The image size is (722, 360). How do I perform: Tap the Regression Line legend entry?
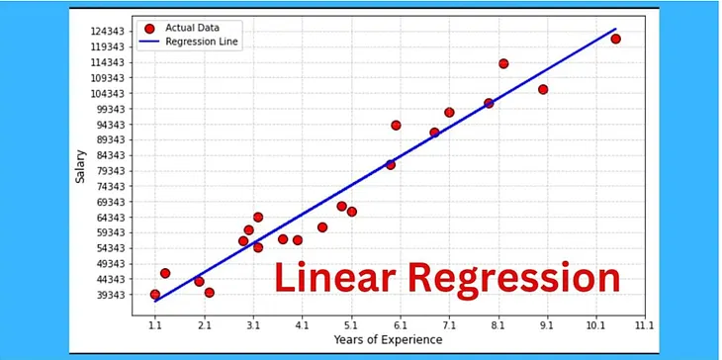(x=196, y=43)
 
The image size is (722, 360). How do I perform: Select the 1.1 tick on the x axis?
(x=155, y=323)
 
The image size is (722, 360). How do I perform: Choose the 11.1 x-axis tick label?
(x=644, y=323)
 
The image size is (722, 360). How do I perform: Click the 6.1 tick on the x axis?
(x=400, y=323)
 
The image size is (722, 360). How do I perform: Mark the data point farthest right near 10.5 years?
(x=615, y=39)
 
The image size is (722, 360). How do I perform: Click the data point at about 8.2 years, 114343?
(x=503, y=63)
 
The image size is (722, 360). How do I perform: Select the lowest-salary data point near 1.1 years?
(x=155, y=294)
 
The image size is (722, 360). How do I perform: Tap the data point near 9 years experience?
(x=543, y=89)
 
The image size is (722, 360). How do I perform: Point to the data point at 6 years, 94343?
(x=396, y=126)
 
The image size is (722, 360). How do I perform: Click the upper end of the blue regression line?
(x=615, y=29)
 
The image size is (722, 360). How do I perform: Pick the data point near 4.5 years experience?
(x=322, y=227)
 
